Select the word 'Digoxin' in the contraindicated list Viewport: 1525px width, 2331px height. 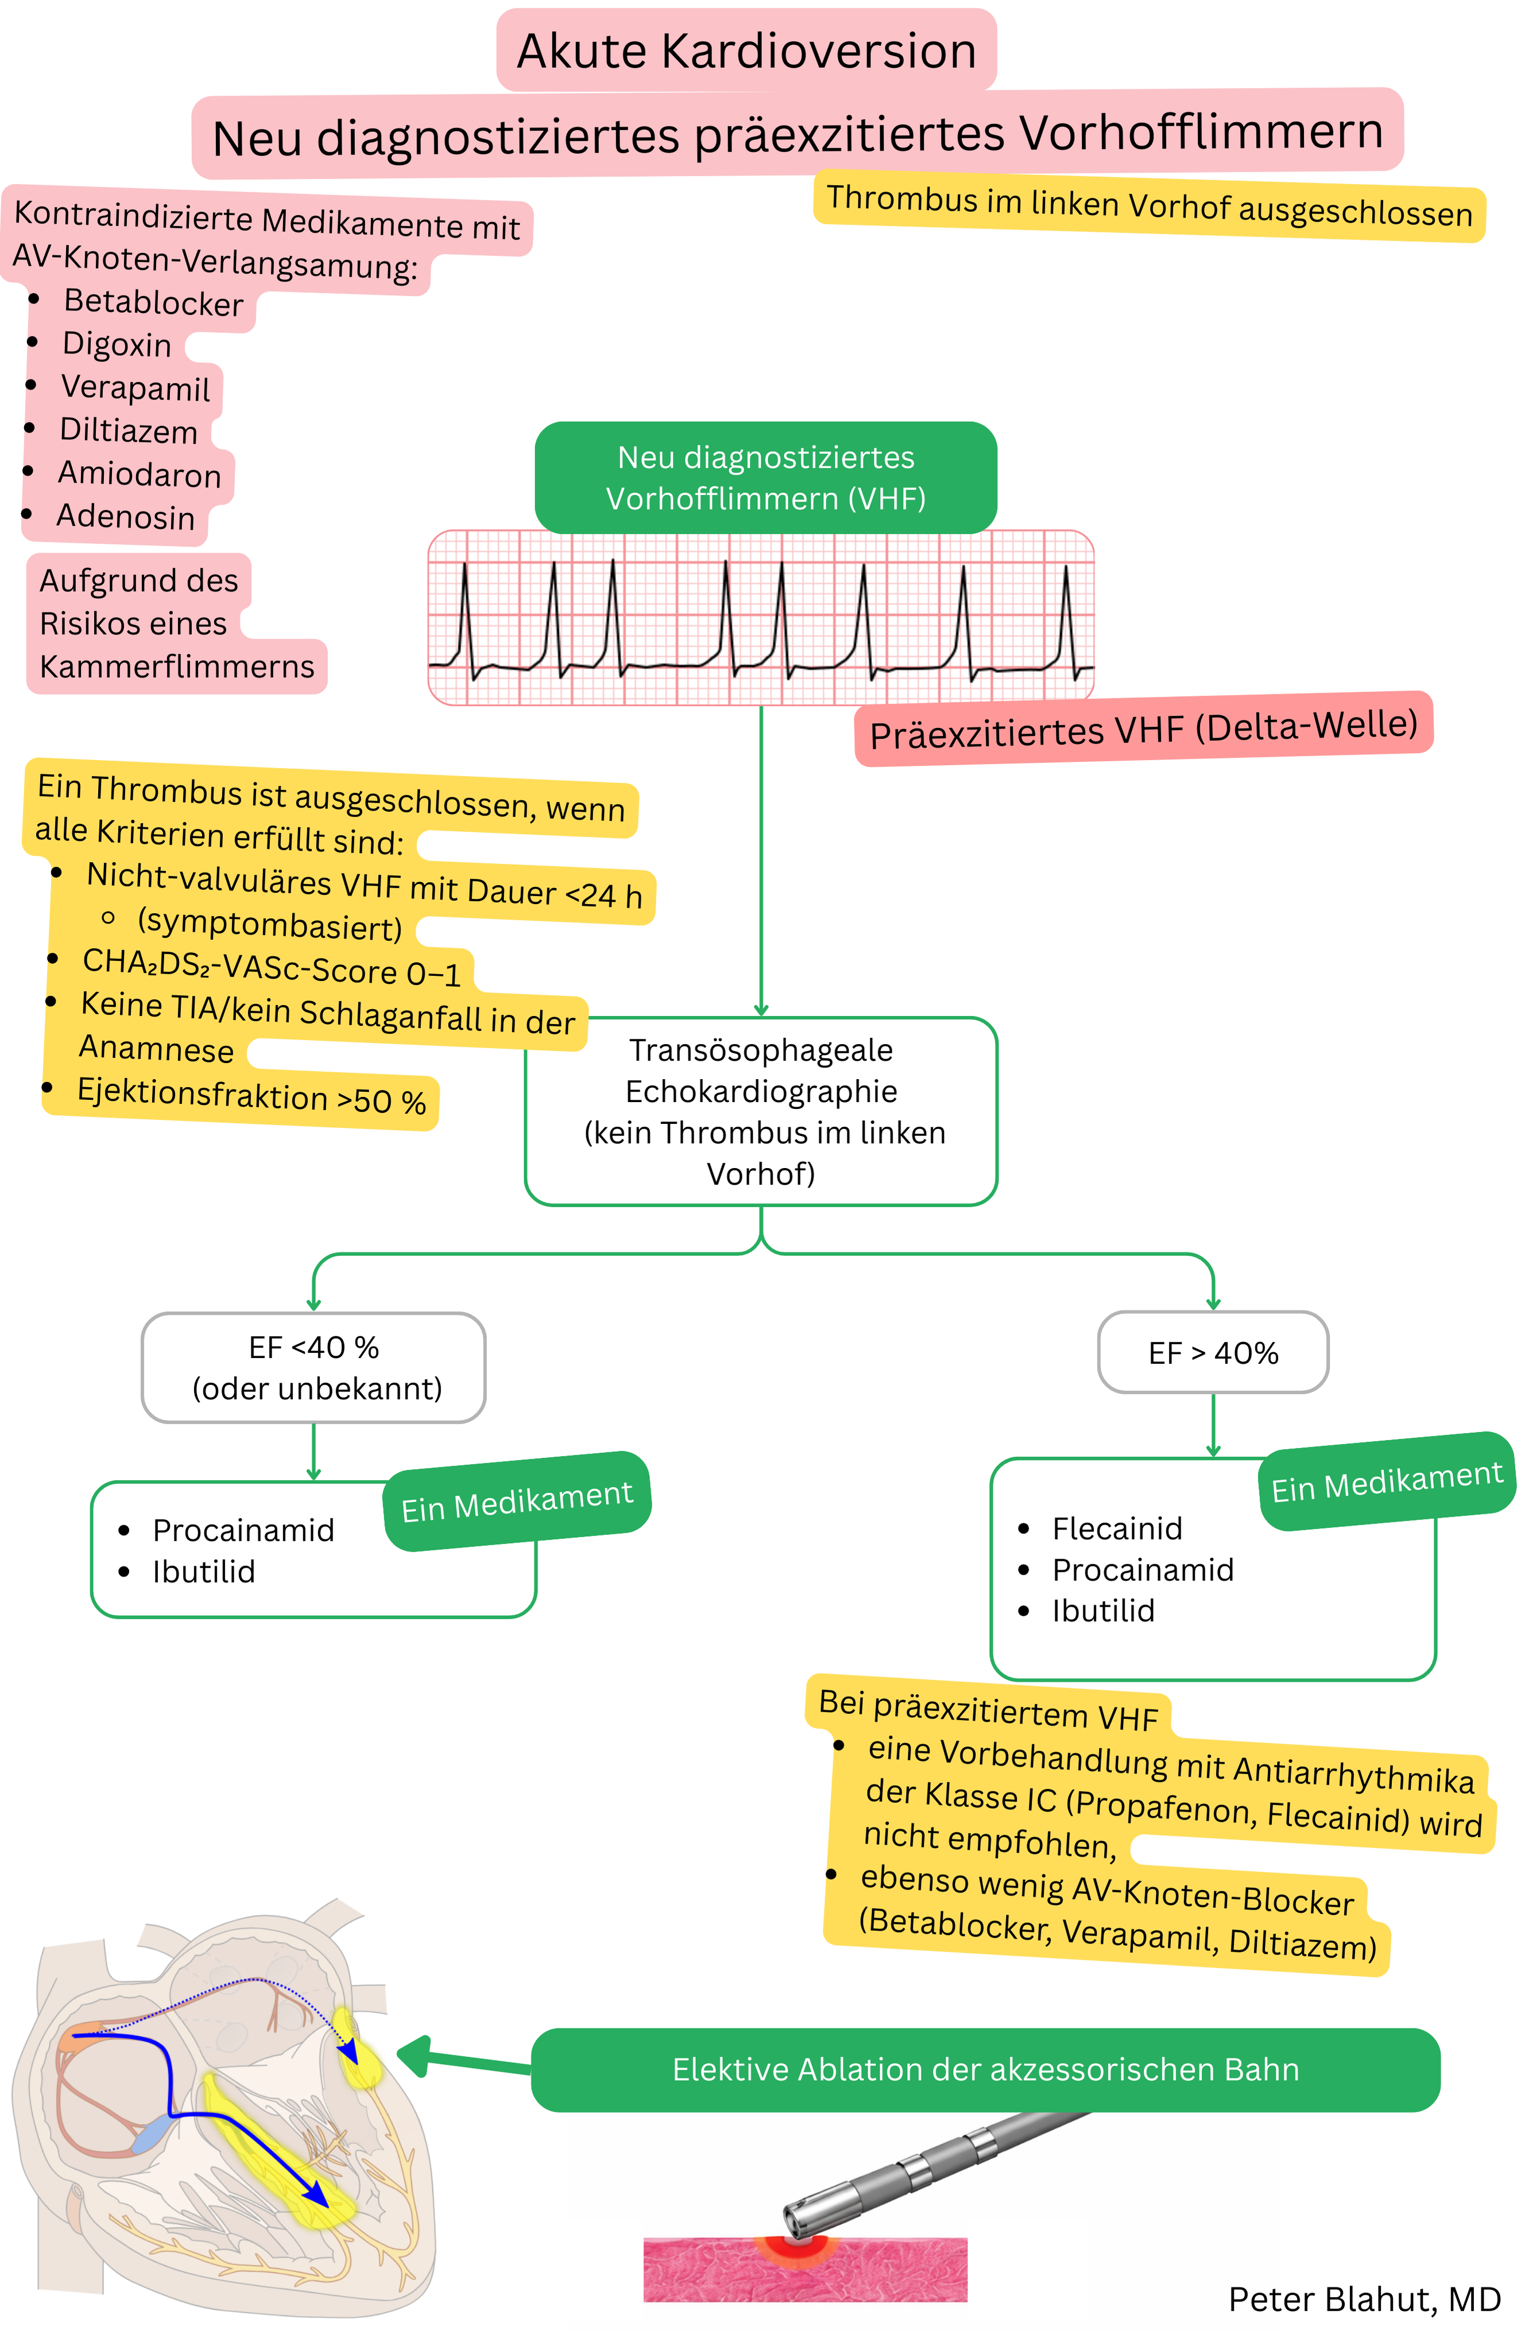117,345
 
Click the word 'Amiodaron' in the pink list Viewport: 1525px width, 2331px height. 139,474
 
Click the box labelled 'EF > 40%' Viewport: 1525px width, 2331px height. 1213,1352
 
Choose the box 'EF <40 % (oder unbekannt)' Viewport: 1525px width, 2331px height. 313,1367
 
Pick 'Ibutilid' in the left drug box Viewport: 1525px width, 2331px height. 204,1572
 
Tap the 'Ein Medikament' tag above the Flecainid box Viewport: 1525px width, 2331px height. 1386,1481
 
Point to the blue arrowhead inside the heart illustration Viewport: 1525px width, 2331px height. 315,2194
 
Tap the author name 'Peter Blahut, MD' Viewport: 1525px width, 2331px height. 1364,2299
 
